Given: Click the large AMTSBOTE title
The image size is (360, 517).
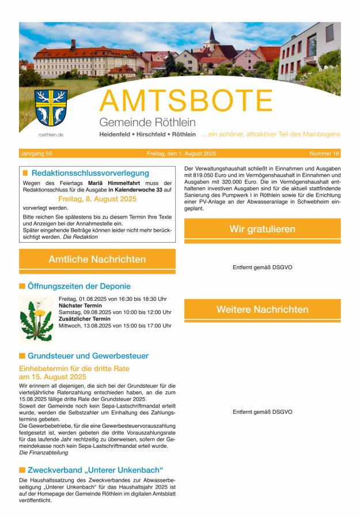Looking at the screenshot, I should coord(185,101).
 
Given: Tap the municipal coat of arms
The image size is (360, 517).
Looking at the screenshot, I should coord(51,107).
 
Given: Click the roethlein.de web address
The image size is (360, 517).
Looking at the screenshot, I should coord(51,134).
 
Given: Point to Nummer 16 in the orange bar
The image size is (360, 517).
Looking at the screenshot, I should coord(324,154).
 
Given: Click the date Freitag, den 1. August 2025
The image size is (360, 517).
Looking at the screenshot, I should coord(181,154).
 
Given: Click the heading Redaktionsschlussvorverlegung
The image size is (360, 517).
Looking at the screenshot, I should coord(90,173).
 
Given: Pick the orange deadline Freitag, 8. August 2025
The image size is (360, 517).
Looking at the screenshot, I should coord(97,198).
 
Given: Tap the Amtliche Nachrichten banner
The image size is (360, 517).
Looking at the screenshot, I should coord(97,259).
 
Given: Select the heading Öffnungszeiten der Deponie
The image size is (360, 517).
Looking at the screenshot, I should coord(79,286).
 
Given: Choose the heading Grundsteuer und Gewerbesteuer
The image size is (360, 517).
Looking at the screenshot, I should coord(88,356).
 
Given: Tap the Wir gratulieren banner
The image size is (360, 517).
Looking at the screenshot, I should coord(262,229).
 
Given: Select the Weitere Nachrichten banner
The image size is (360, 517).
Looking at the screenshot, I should coord(262,310).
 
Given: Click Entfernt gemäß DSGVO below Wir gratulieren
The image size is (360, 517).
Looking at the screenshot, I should coord(262,267).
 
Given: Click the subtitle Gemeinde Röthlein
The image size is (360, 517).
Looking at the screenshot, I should coord(147,122).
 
